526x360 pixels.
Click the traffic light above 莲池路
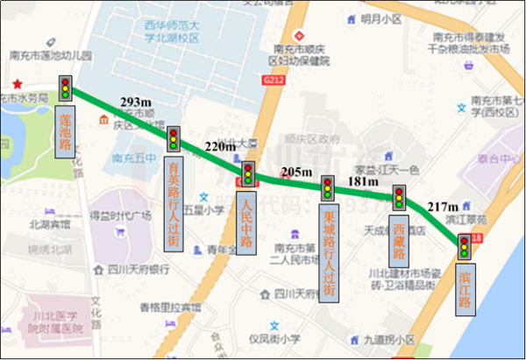64,88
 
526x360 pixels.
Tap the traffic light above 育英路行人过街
174,138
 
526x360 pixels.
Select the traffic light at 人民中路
247,173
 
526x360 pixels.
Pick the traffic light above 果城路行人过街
327,187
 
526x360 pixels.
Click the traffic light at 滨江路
463,245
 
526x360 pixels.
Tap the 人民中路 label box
246,221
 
